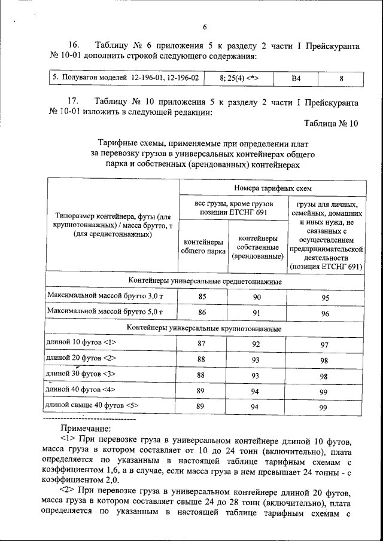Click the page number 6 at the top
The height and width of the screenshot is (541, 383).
(x=205, y=27)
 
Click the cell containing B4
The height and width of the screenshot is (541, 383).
(x=296, y=78)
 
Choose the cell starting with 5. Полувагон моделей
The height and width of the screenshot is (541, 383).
(x=125, y=78)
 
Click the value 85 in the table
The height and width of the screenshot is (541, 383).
(x=202, y=296)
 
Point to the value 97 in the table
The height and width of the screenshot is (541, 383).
(x=324, y=345)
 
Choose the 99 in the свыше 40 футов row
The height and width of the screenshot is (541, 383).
(x=324, y=407)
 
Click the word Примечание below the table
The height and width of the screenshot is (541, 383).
(x=90, y=428)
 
